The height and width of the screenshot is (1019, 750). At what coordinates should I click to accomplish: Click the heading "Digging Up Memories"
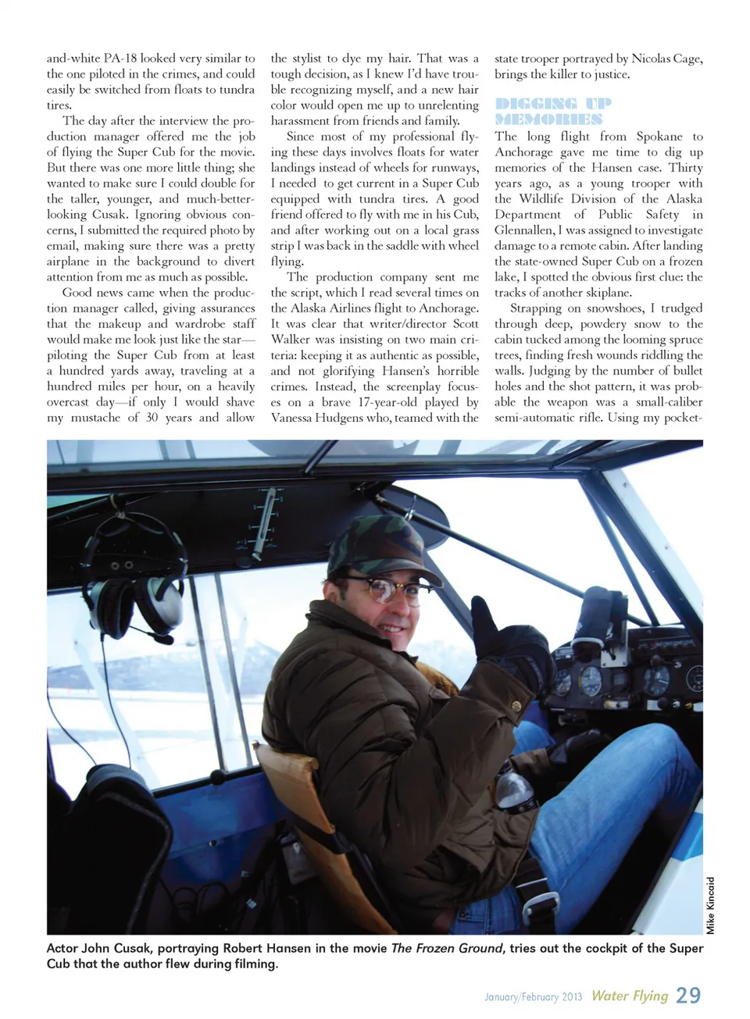(552, 111)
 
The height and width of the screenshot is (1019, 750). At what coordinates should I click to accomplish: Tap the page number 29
(688, 995)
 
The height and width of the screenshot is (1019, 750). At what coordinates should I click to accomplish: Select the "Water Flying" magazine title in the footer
(630, 996)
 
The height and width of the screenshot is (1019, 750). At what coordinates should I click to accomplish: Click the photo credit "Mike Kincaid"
(710, 905)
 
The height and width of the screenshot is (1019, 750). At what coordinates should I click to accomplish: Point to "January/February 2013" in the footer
(533, 997)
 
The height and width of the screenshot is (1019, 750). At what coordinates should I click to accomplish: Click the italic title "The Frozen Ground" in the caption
(446, 948)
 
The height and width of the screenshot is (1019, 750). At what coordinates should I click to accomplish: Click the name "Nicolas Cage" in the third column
(666, 59)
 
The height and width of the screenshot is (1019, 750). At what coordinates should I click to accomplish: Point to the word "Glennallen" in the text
(523, 230)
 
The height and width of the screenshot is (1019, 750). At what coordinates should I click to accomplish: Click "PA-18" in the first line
(120, 59)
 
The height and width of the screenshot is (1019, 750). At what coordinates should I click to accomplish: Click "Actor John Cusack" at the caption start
(98, 948)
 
